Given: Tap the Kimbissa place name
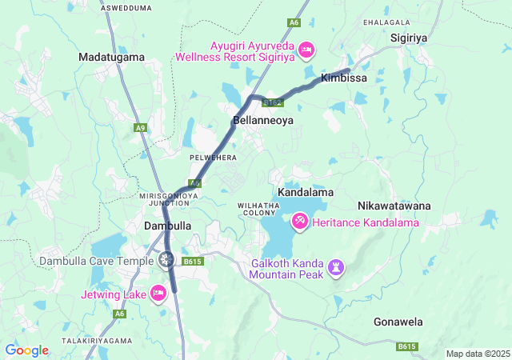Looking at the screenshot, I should pyautogui.click(x=343, y=78).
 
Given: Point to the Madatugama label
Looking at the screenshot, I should pyautogui.click(x=111, y=57).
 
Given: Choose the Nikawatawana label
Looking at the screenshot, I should pyautogui.click(x=394, y=206).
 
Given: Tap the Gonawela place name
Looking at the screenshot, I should pyautogui.click(x=398, y=322).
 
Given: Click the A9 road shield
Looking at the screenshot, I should pyautogui.click(x=141, y=127).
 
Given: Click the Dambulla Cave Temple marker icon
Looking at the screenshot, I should pyautogui.click(x=166, y=258).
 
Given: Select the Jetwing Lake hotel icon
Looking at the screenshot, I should pyautogui.click(x=158, y=293).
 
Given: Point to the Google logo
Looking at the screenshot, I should pyautogui.click(x=26, y=350).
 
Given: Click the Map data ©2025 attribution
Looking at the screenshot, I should pyautogui.click(x=478, y=354).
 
